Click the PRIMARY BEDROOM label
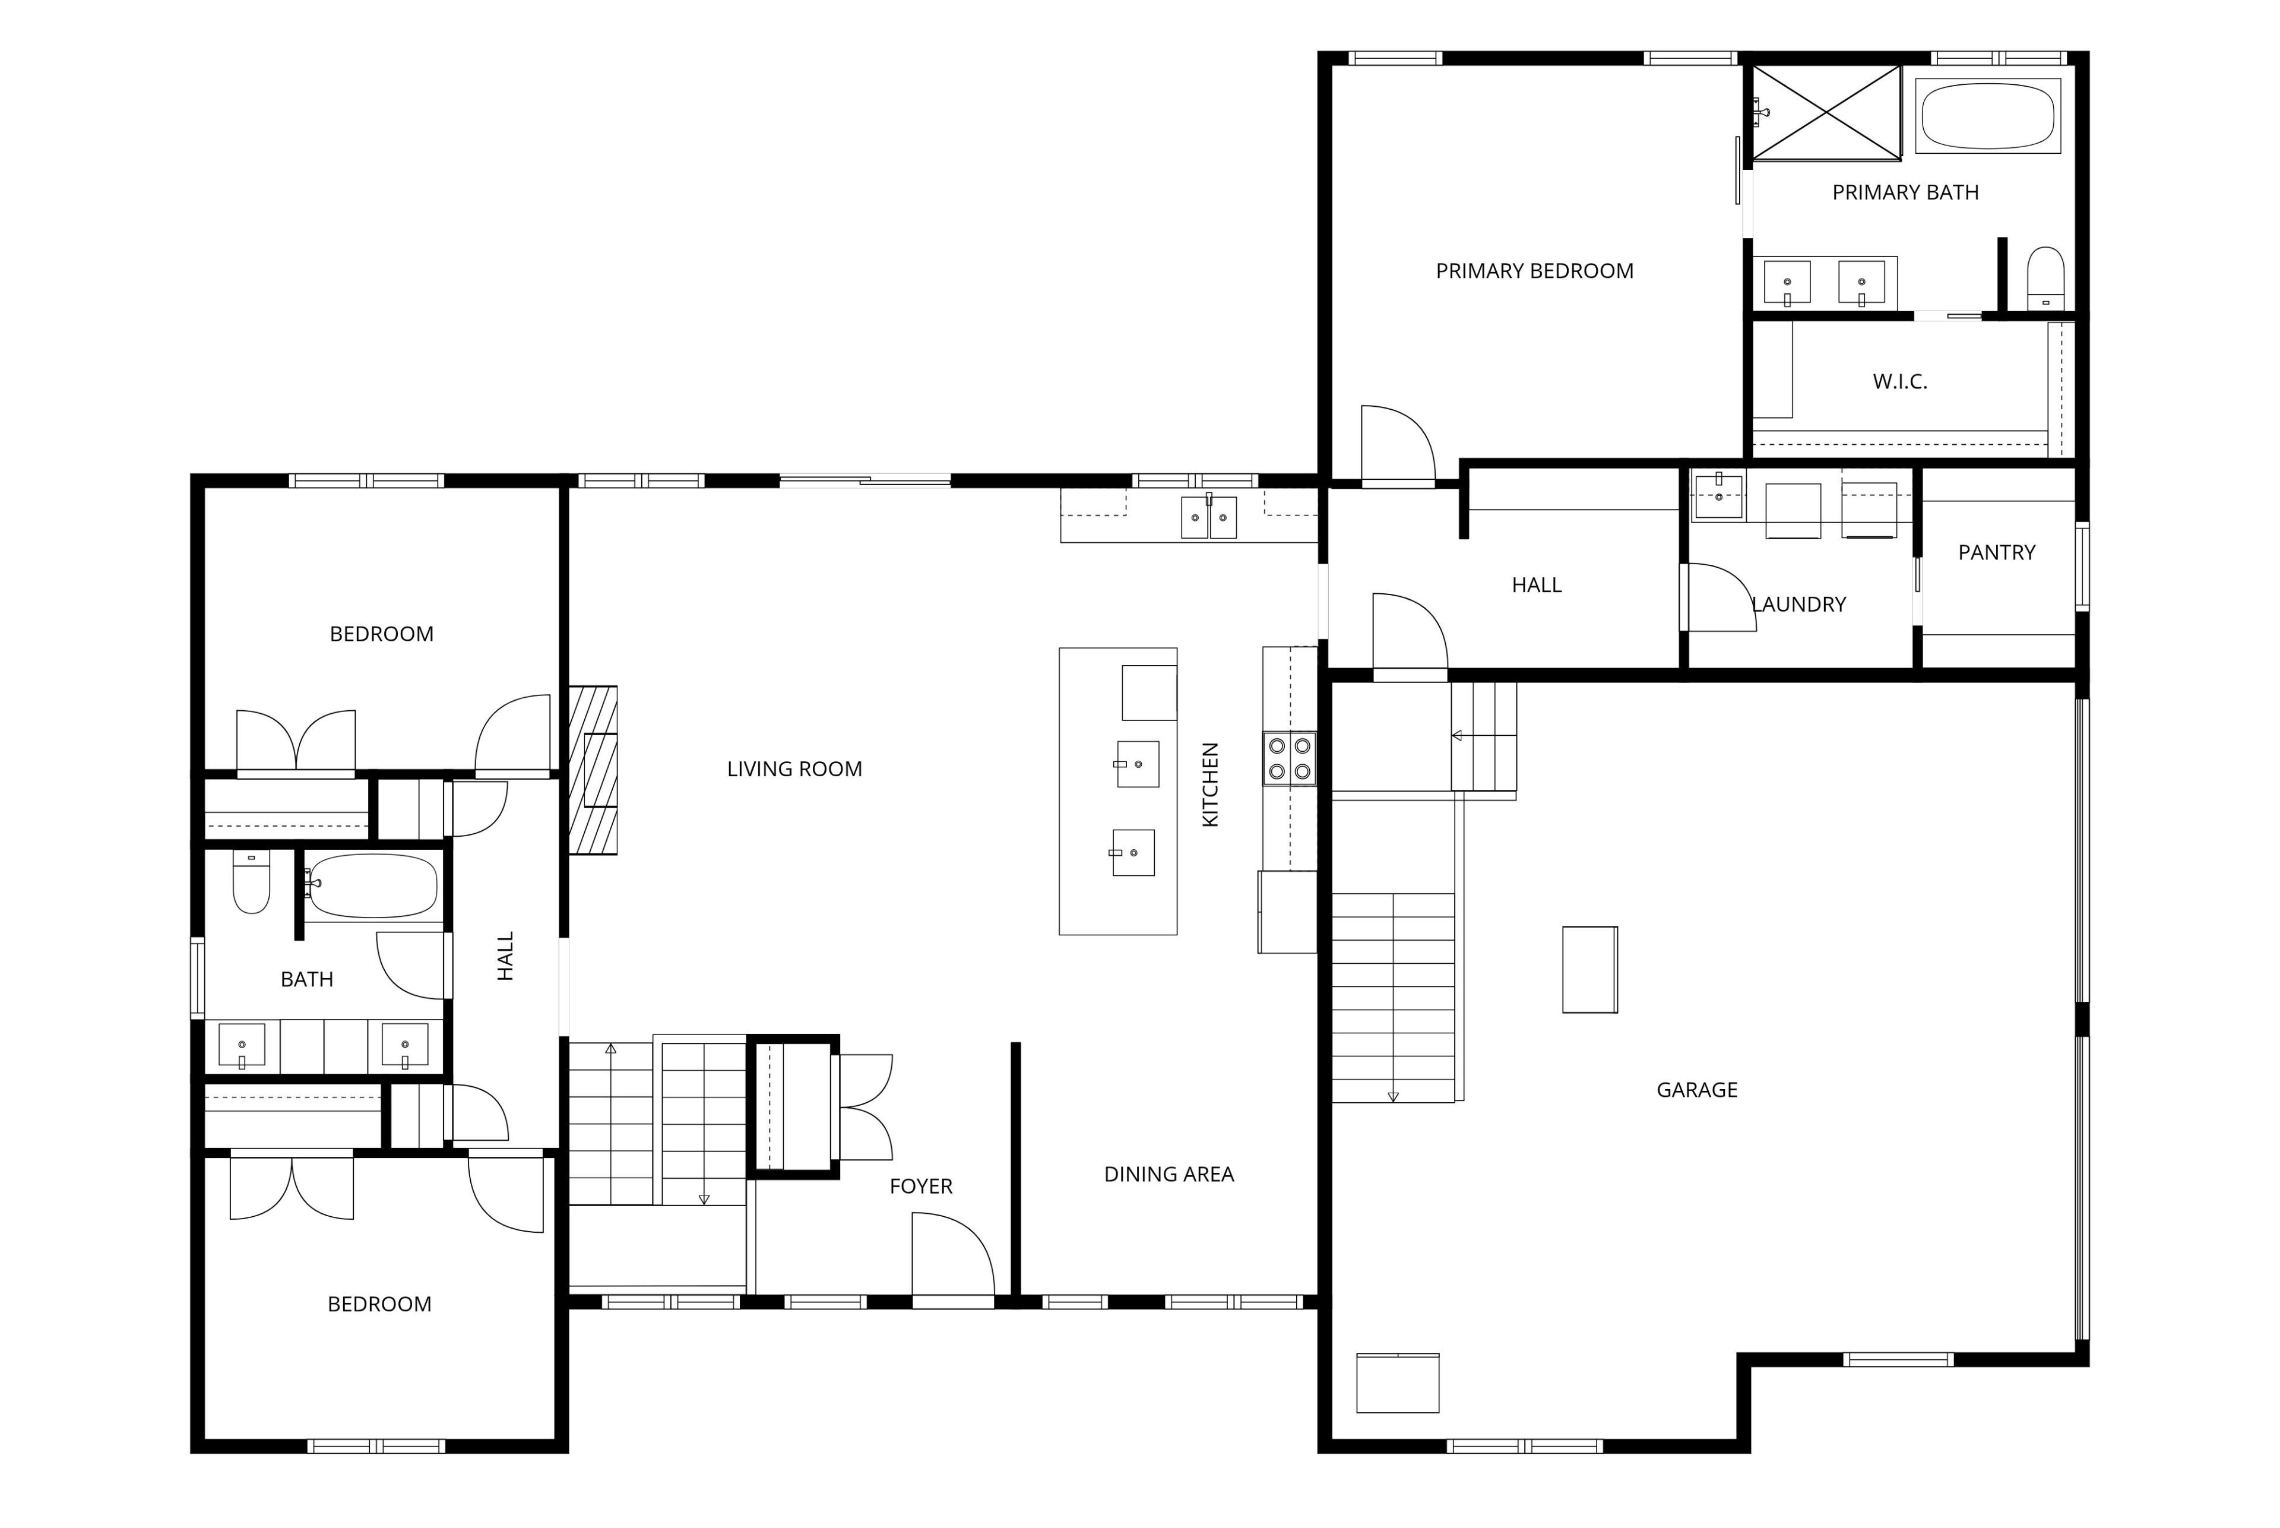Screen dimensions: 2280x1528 point(1535,271)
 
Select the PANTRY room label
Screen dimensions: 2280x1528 point(1996,552)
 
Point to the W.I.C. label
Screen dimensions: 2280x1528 point(1900,381)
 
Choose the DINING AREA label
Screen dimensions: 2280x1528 point(1168,1174)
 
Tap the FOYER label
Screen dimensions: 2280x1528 point(921,1186)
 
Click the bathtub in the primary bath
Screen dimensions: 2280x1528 point(1988,116)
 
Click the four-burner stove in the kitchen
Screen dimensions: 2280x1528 point(1289,759)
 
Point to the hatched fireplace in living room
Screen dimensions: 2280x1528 point(593,770)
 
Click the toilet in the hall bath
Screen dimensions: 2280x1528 point(251,882)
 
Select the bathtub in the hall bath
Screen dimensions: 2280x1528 point(372,886)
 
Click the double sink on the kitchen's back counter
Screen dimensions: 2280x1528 point(1208,517)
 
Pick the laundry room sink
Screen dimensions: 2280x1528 point(1719,495)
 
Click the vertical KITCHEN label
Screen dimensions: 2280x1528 point(1210,784)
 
